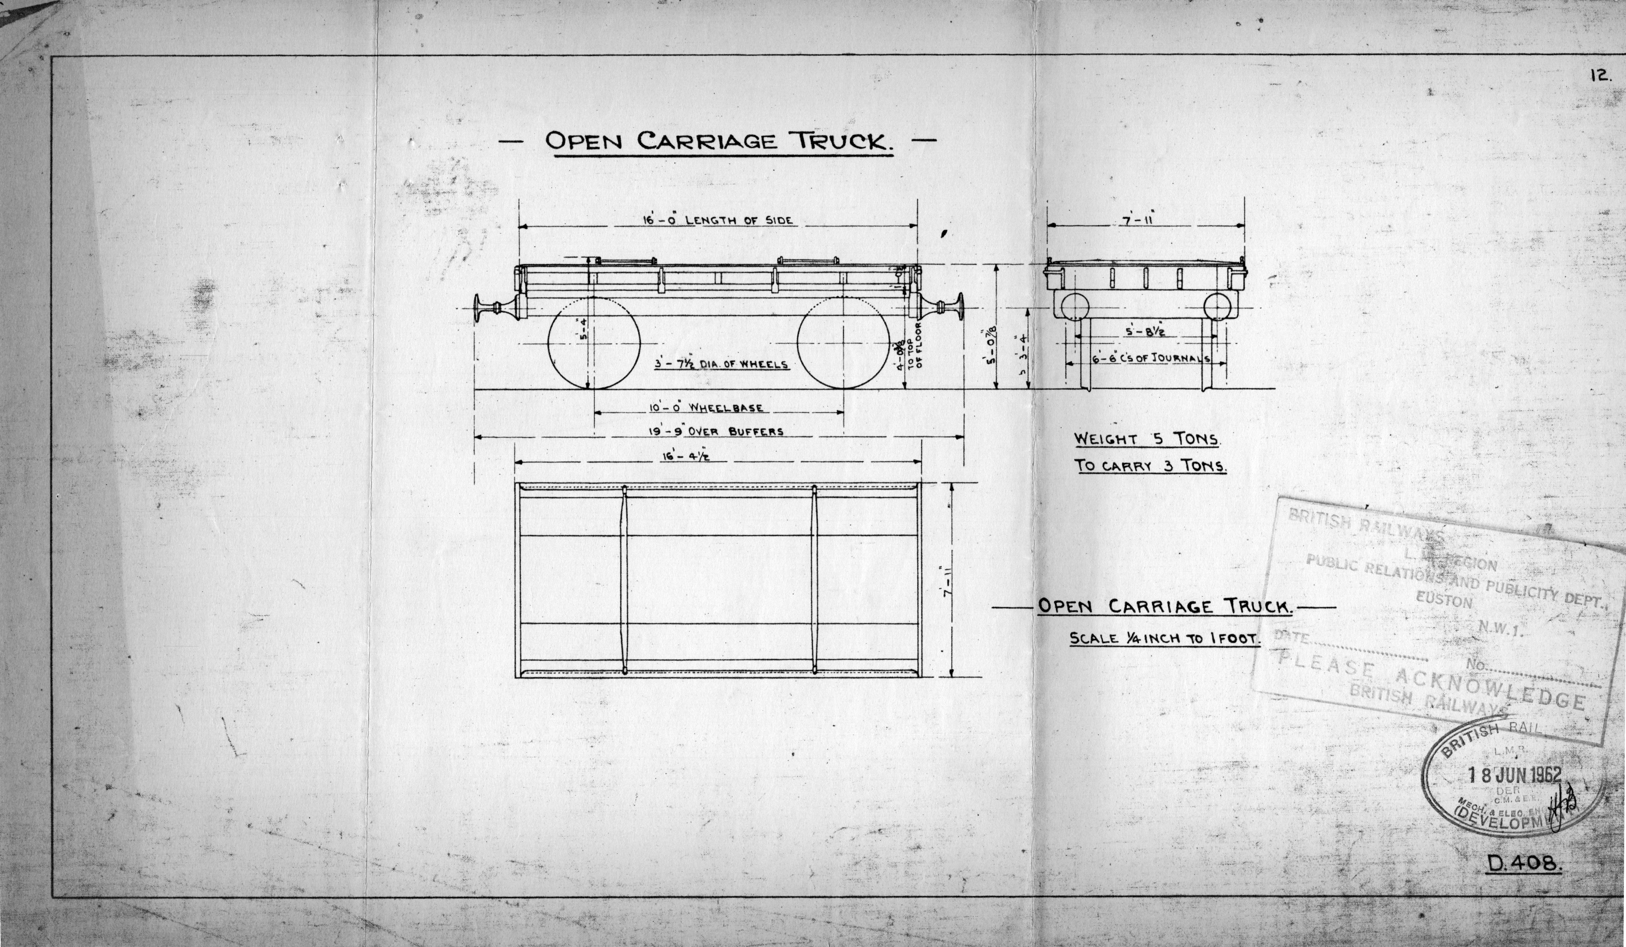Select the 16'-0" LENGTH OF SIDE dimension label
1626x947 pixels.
tap(716, 220)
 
